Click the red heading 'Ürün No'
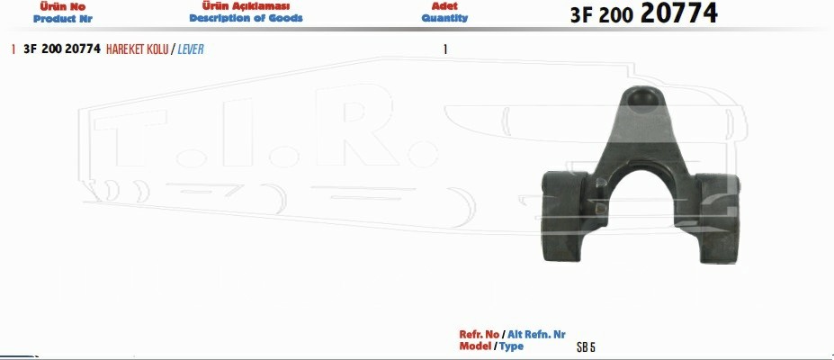click(x=62, y=7)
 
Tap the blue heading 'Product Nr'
click(x=62, y=19)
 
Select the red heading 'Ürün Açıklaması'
click(x=246, y=6)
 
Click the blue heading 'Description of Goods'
click(x=246, y=18)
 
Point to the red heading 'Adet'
click(x=444, y=6)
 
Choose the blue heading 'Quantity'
click(x=444, y=18)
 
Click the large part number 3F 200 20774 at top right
click(x=643, y=13)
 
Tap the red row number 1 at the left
click(x=13, y=49)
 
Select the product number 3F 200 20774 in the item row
click(x=62, y=49)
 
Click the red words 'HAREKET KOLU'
click(x=138, y=49)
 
